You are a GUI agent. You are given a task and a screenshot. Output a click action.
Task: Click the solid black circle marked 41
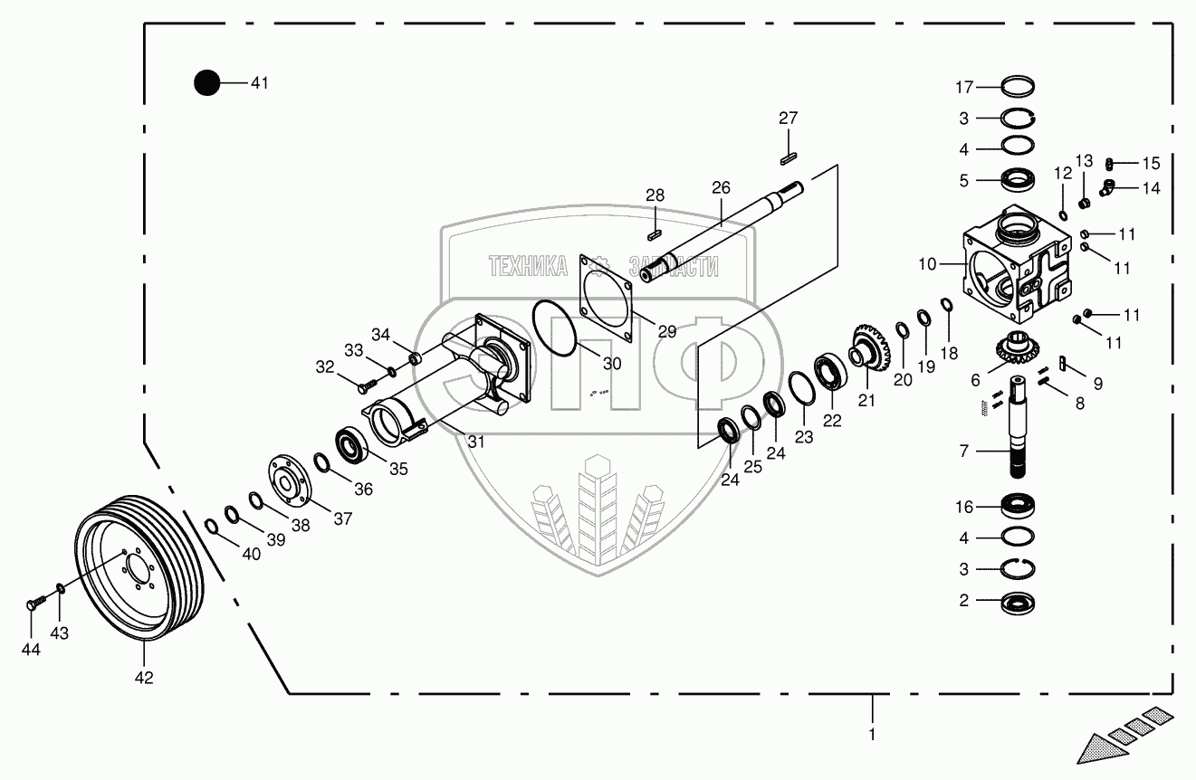point(207,83)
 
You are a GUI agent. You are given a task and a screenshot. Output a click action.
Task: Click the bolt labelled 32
point(364,385)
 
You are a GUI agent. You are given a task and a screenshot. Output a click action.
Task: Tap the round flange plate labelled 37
point(289,475)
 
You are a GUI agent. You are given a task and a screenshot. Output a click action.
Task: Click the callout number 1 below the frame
point(872,734)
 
